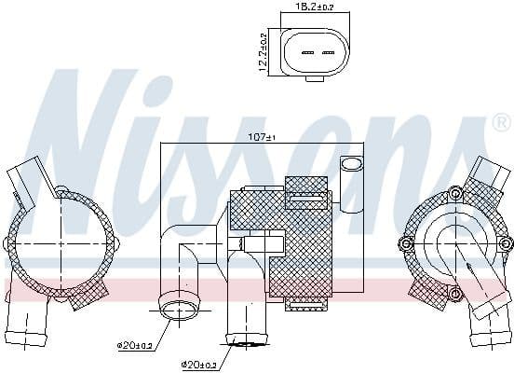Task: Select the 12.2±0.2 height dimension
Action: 264,52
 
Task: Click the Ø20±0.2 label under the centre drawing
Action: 200,364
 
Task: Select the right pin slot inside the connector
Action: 328,52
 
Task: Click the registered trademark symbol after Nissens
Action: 500,122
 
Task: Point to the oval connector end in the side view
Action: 350,165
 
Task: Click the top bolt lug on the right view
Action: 454,193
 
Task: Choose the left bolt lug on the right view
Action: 406,244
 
